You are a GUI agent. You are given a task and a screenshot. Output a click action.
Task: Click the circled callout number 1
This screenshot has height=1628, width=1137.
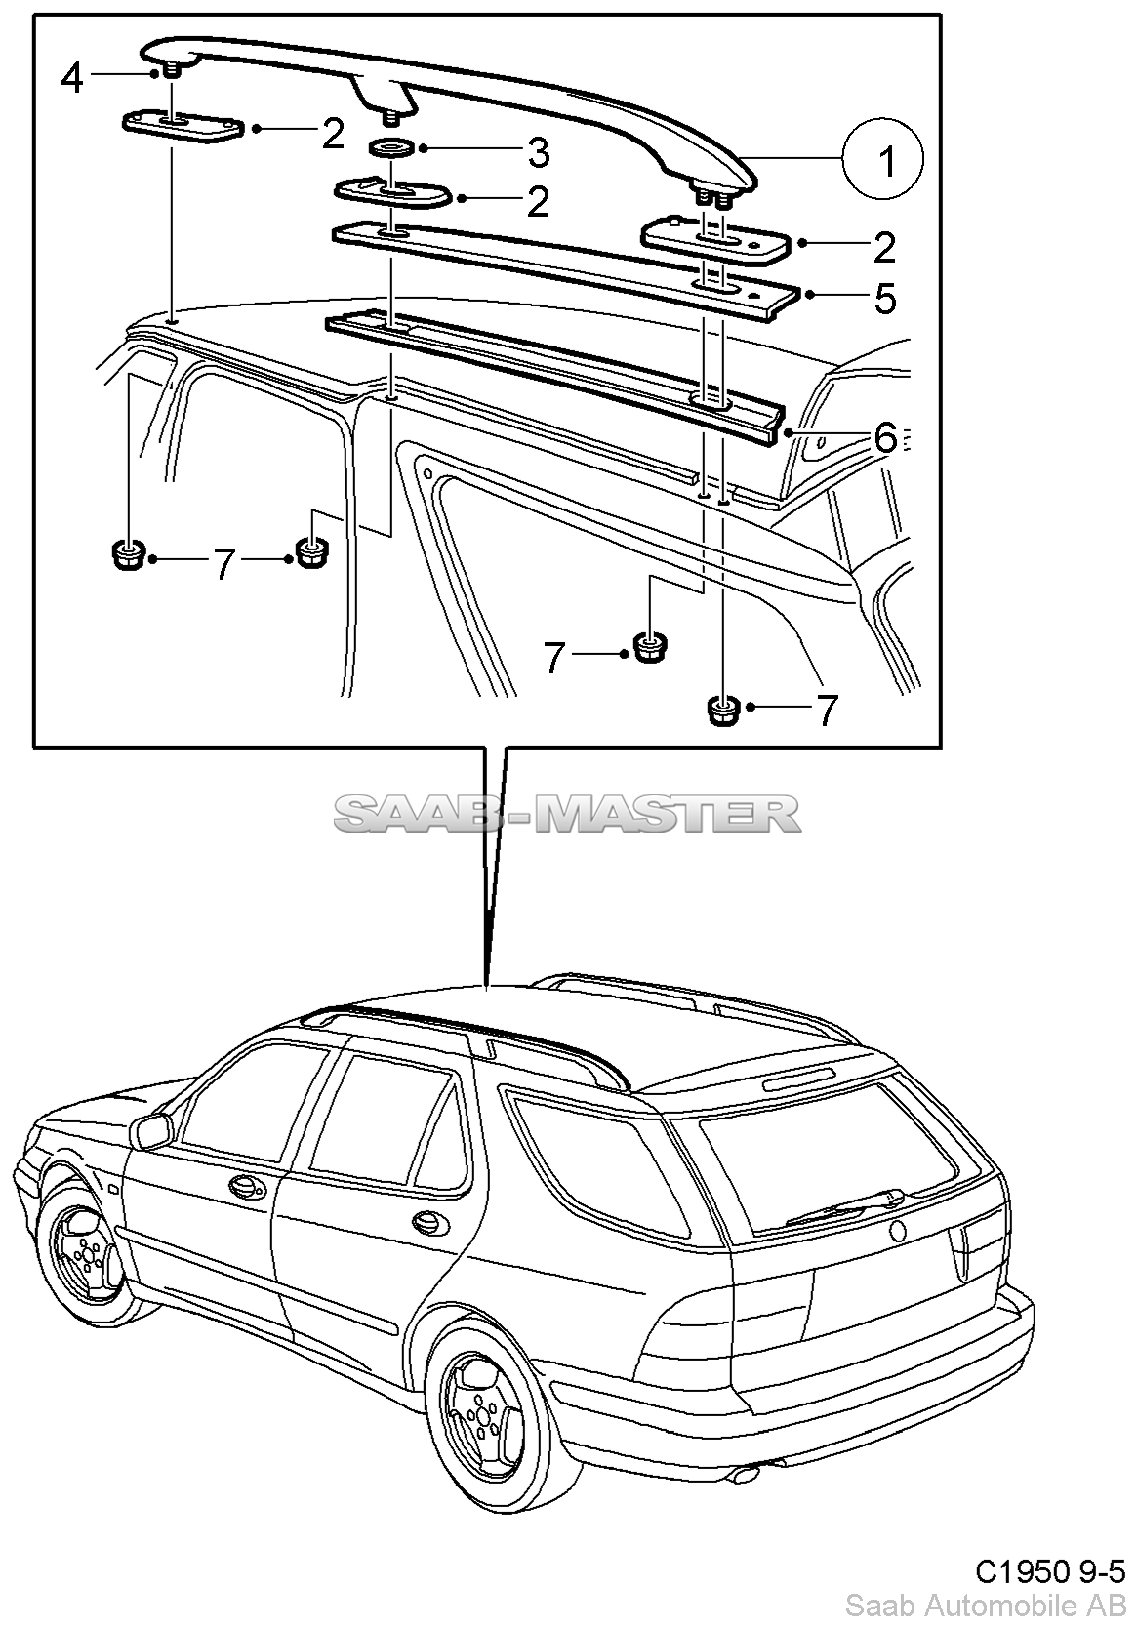tap(884, 162)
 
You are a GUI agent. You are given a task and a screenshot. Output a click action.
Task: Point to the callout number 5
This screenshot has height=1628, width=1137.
tap(884, 298)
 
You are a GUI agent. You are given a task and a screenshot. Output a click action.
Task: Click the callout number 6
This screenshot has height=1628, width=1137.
tap(884, 438)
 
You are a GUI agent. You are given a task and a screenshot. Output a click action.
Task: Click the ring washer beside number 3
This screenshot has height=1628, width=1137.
tap(392, 147)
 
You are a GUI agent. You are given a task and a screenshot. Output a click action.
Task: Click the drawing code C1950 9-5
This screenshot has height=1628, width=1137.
tap(1050, 1571)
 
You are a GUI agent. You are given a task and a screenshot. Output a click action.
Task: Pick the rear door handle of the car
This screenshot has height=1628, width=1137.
tap(426, 1221)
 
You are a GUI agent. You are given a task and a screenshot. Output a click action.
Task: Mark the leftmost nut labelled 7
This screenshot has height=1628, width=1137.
tap(126, 557)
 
